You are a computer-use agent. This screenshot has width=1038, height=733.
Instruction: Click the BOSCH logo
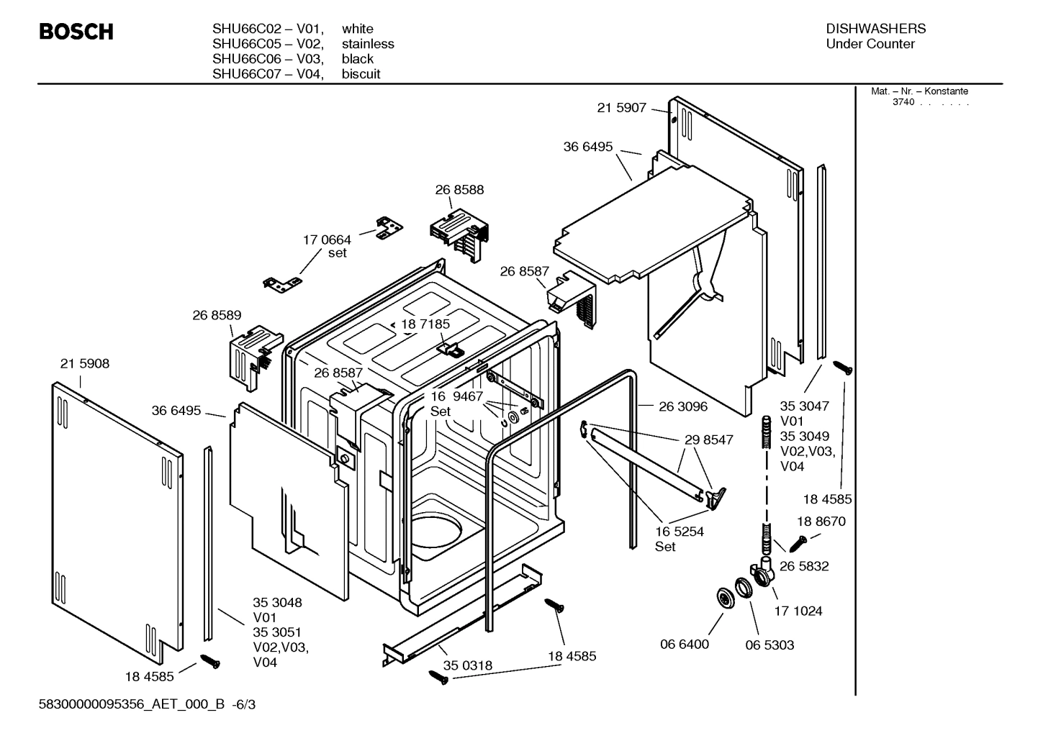(x=76, y=32)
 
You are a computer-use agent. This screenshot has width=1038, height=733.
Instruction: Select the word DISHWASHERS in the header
(x=875, y=29)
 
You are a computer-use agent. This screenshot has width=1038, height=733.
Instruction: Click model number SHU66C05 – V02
(x=267, y=44)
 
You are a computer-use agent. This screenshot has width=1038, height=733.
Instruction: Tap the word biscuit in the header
(x=361, y=74)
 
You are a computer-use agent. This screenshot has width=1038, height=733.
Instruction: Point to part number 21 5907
(x=621, y=108)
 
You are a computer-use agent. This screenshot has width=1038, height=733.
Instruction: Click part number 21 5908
(x=85, y=364)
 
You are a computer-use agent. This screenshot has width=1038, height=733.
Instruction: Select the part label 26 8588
(x=459, y=190)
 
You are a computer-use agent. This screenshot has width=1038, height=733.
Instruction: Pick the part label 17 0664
(x=327, y=240)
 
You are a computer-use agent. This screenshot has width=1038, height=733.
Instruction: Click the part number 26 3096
(x=682, y=406)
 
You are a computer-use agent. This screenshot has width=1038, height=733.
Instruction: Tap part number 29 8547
(x=708, y=440)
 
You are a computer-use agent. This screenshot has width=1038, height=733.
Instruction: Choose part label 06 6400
(x=685, y=645)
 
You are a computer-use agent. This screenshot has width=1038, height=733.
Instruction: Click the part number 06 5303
(x=770, y=645)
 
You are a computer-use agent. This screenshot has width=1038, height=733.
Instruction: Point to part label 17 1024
(x=798, y=611)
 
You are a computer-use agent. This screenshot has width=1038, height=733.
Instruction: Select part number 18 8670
(x=821, y=522)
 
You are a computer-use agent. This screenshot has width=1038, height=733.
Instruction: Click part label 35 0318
(x=468, y=665)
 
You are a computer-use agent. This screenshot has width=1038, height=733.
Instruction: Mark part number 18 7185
(x=425, y=324)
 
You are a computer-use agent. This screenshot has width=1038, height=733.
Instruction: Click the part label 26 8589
(x=217, y=315)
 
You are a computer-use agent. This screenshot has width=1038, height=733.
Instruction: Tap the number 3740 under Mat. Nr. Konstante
(x=903, y=102)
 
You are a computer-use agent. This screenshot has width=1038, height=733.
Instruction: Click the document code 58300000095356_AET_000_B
(x=133, y=705)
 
